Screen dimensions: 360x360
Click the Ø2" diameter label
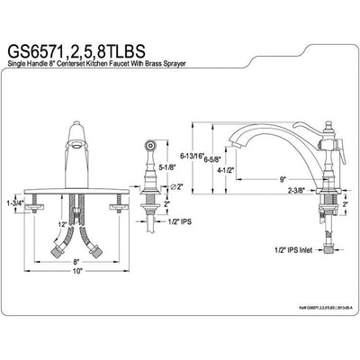175,186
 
